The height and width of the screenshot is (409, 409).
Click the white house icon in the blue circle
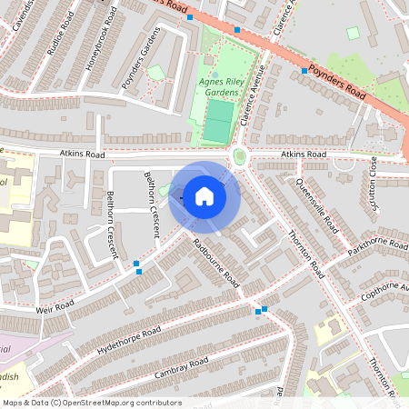pos(204,195)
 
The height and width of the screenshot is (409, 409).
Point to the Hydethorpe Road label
pos(129,341)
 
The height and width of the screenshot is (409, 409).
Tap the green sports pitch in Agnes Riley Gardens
pos(216,120)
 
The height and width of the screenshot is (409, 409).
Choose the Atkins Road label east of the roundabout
pos(304,155)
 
